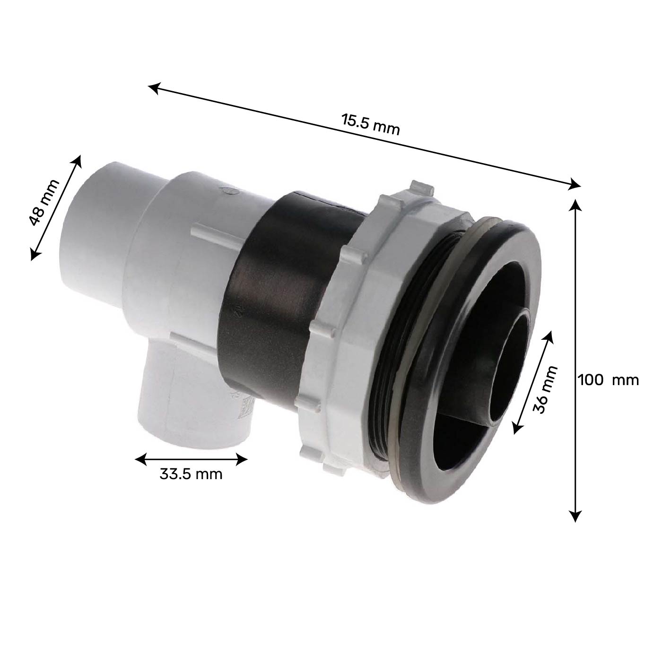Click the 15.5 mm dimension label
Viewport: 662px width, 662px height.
click(371, 124)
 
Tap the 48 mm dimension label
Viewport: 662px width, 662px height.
click(44, 203)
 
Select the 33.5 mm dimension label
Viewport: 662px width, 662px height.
click(191, 473)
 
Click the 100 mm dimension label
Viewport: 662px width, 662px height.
click(608, 379)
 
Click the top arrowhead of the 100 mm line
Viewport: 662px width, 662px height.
click(575, 204)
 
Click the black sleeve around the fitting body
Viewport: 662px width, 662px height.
click(265, 302)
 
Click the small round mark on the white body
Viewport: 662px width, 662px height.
click(226, 192)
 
